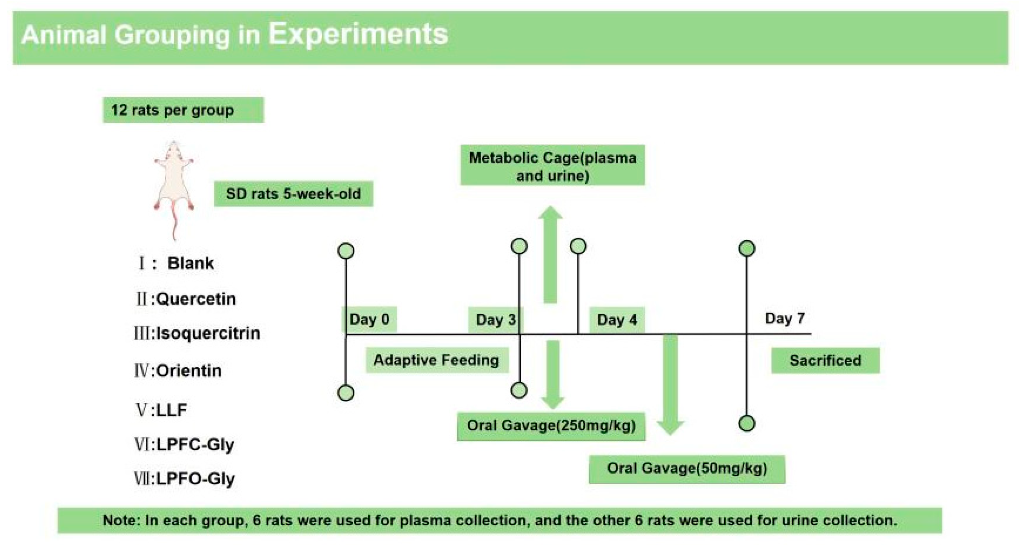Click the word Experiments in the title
click(359, 35)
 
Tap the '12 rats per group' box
click(183, 110)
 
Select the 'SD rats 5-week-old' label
click(294, 194)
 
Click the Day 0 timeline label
click(369, 319)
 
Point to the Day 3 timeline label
click(496, 319)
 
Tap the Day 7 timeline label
click(785, 318)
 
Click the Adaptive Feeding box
click(437, 360)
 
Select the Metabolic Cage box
click(552, 166)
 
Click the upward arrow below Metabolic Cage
click(550, 254)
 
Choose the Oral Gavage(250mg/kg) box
click(551, 426)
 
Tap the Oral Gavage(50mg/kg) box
click(687, 469)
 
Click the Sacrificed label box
click(825, 360)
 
